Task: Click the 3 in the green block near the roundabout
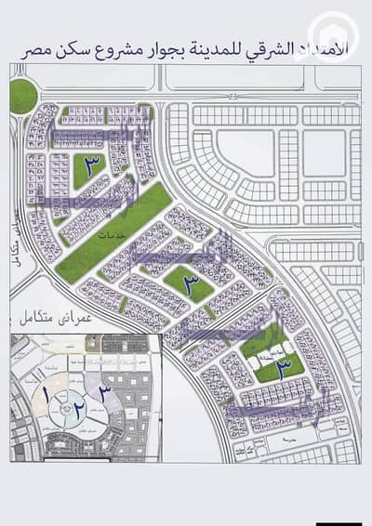(91, 168)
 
